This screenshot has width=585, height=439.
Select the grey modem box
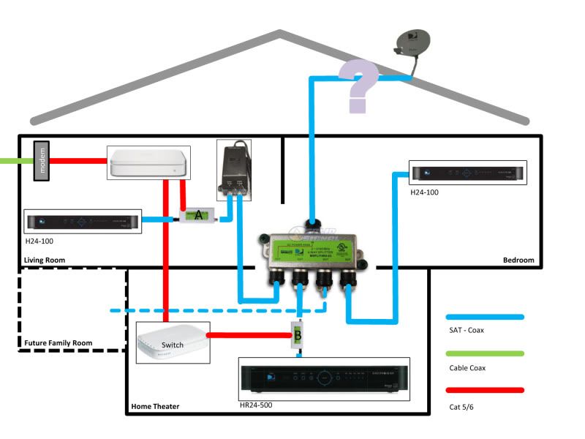click(43, 160)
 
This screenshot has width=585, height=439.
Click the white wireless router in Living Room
click(149, 162)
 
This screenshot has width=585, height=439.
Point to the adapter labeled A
click(198, 216)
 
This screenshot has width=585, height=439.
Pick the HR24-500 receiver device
click(324, 379)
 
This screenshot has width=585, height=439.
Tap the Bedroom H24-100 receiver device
click(468, 173)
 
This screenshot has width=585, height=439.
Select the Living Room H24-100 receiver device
click(83, 221)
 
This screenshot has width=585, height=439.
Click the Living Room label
click(45, 260)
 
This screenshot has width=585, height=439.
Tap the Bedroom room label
click(518, 260)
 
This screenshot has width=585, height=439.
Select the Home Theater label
click(155, 406)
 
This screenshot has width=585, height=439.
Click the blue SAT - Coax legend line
click(485, 317)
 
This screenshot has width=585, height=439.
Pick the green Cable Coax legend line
click(485, 354)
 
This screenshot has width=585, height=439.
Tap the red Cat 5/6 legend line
click(485, 390)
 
